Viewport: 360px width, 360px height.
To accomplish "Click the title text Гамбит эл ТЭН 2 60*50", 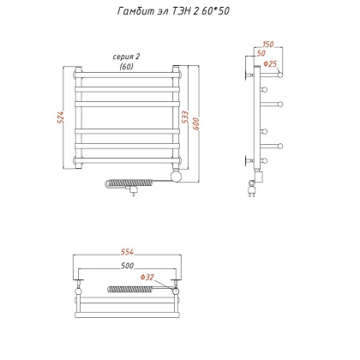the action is click(173, 11).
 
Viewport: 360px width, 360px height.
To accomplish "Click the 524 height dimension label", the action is click(61, 117).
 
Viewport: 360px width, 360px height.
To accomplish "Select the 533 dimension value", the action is click(185, 117).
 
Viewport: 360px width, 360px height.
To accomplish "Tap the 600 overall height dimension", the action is click(196, 123).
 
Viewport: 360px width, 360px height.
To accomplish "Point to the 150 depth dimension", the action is click(267, 45).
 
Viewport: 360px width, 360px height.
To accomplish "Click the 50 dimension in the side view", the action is click(261, 53).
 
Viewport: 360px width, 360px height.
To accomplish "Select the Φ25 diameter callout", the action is click(270, 63).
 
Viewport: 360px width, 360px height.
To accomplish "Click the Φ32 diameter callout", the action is click(147, 277).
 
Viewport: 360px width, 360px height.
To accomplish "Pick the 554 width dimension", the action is click(127, 252).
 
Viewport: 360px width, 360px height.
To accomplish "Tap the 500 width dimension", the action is click(127, 266).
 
